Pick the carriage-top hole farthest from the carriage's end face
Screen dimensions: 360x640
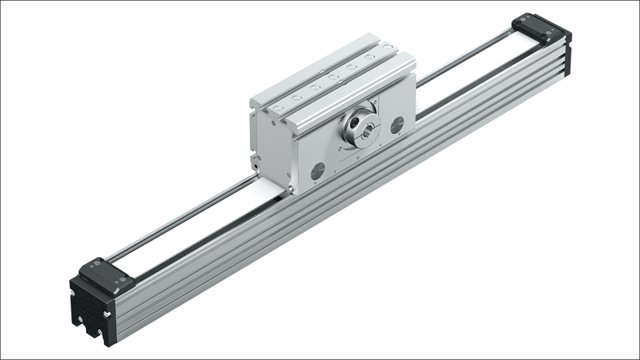coord(369,58)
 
